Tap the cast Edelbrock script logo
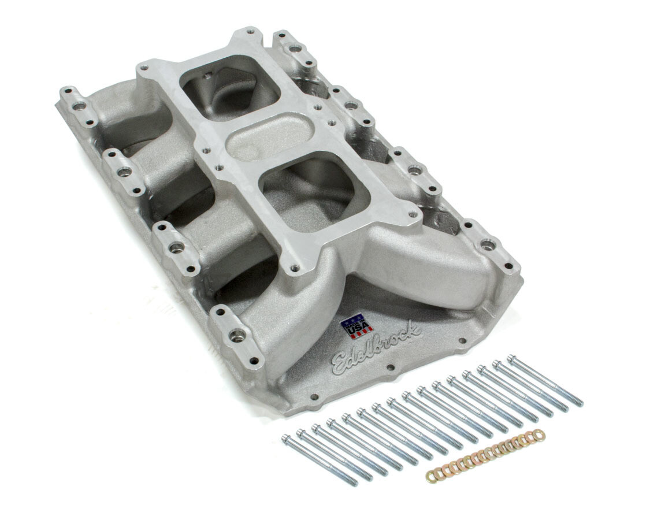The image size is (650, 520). [x=377, y=347]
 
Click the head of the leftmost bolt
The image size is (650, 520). [x=287, y=440]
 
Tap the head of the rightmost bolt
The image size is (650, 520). [x=511, y=358]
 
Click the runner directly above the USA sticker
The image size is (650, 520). [x=324, y=277]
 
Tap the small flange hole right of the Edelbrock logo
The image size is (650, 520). [x=460, y=343]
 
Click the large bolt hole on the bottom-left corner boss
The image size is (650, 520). [x=237, y=334]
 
